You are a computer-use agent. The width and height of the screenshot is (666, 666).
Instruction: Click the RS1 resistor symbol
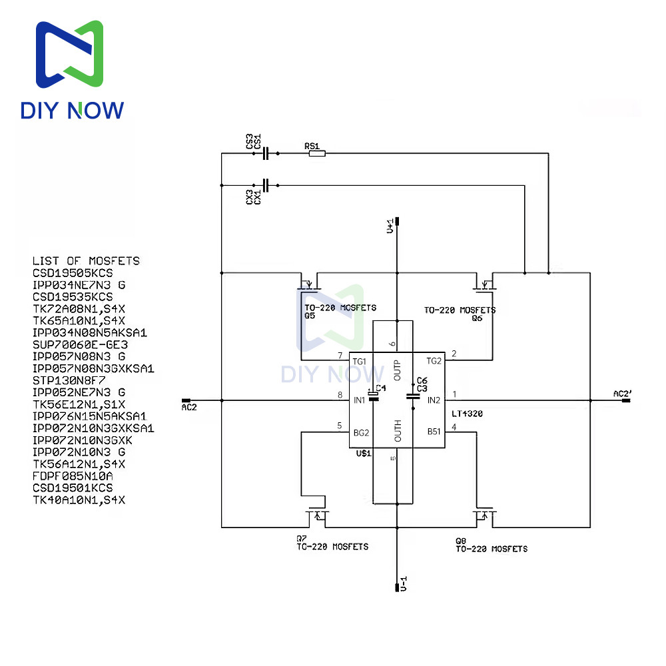coord(317,154)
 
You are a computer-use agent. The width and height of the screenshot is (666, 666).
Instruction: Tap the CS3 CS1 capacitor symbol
coord(266,154)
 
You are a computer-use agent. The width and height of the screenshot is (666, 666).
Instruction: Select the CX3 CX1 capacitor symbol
coord(266,185)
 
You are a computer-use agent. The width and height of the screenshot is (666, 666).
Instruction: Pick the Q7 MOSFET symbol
coord(317,514)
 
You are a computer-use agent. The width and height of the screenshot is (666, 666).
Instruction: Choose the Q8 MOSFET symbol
coord(482,514)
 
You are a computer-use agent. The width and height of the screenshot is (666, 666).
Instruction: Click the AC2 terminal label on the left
coord(189,406)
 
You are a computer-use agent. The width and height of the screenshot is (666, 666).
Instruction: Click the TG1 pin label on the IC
coord(360,360)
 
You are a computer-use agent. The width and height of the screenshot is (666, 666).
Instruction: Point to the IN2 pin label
coord(434,400)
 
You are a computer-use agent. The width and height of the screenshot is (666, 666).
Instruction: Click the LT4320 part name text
coord(467,414)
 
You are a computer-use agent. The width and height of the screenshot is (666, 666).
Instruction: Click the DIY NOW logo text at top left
coord(72,109)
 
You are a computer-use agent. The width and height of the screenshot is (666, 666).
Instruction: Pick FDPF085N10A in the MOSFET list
coord(73,476)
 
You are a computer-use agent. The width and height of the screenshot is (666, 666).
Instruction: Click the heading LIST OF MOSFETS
coord(86,260)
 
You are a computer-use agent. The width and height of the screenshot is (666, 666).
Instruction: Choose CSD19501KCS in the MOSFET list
coord(73,488)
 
